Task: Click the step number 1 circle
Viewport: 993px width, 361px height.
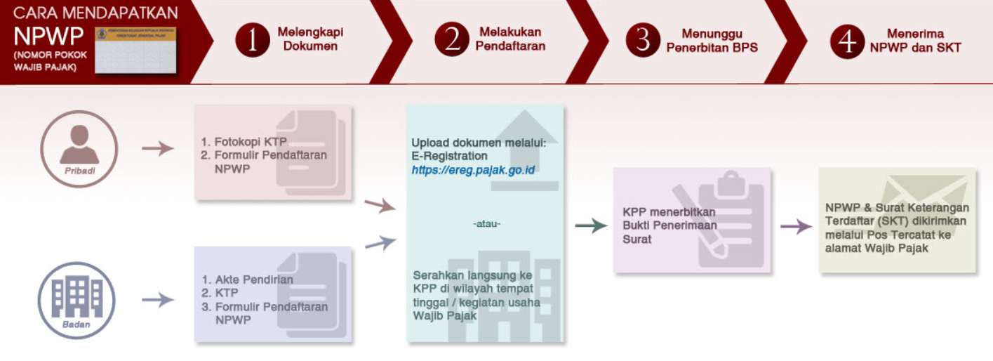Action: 251,40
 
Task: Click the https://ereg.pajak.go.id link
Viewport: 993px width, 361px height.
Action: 473,170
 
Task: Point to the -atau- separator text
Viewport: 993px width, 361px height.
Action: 486,225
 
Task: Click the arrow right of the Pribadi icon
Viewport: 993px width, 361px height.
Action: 157,148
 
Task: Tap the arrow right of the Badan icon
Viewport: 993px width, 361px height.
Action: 157,300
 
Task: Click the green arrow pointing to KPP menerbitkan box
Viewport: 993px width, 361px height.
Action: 590,225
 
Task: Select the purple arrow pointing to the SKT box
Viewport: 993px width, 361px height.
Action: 796,226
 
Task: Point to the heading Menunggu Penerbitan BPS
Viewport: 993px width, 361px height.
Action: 712,41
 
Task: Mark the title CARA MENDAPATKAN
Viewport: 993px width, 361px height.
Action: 96,13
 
